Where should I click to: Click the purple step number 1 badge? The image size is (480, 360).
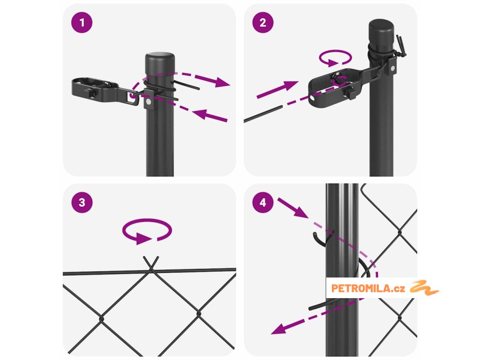point(82,22)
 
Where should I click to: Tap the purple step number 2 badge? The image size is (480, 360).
point(263,22)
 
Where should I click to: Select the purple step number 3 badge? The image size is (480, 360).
point(82,202)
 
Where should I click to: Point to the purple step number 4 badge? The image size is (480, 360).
point(263,202)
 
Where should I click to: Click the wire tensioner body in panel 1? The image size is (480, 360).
point(95,89)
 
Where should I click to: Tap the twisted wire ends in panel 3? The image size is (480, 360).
point(151,263)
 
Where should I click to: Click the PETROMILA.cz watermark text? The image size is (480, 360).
point(368,288)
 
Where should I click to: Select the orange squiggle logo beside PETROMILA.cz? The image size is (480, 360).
point(424,287)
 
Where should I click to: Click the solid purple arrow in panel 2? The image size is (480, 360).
point(277,90)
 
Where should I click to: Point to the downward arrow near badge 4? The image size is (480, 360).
point(292,208)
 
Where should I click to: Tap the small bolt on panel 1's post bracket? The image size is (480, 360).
point(148,101)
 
